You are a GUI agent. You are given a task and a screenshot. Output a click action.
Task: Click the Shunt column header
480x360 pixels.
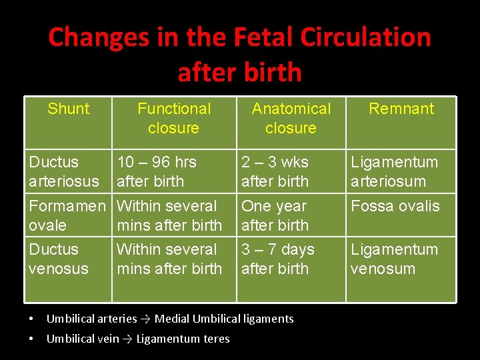pyautogui.click(x=68, y=109)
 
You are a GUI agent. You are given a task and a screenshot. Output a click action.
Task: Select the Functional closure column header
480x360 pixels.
pyautogui.click(x=173, y=118)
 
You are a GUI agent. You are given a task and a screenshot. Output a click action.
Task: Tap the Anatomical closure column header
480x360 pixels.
pyautogui.click(x=291, y=118)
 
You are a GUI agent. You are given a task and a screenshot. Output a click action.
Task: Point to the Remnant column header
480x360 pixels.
pyautogui.click(x=401, y=109)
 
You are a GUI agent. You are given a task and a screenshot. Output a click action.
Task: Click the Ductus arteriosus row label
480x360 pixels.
pyautogui.click(x=64, y=171)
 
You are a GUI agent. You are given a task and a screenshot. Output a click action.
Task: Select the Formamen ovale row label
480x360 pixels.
pyautogui.click(x=67, y=215)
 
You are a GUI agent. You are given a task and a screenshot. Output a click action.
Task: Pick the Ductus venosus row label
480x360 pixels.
pyautogui.click(x=59, y=259)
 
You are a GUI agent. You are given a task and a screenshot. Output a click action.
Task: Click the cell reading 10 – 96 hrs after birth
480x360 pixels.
pyautogui.click(x=157, y=171)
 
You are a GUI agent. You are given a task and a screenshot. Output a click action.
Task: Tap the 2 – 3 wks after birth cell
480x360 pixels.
pyautogui.click(x=275, y=171)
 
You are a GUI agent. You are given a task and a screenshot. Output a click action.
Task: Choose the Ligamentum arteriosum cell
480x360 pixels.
pyautogui.click(x=394, y=171)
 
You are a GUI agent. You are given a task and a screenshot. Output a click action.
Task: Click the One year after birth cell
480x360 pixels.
pyautogui.click(x=275, y=215)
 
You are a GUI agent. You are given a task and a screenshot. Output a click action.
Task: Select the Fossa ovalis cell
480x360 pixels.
pyautogui.click(x=395, y=206)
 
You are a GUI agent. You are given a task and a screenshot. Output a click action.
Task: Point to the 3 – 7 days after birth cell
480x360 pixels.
pyautogui.click(x=277, y=259)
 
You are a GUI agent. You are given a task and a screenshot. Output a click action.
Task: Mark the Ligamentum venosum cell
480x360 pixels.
pyautogui.click(x=394, y=259)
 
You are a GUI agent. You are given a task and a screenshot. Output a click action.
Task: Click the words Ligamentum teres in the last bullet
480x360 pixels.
pyautogui.click(x=183, y=339)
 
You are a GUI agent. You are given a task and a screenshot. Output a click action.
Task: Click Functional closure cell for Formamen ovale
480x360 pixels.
pyautogui.click(x=169, y=215)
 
